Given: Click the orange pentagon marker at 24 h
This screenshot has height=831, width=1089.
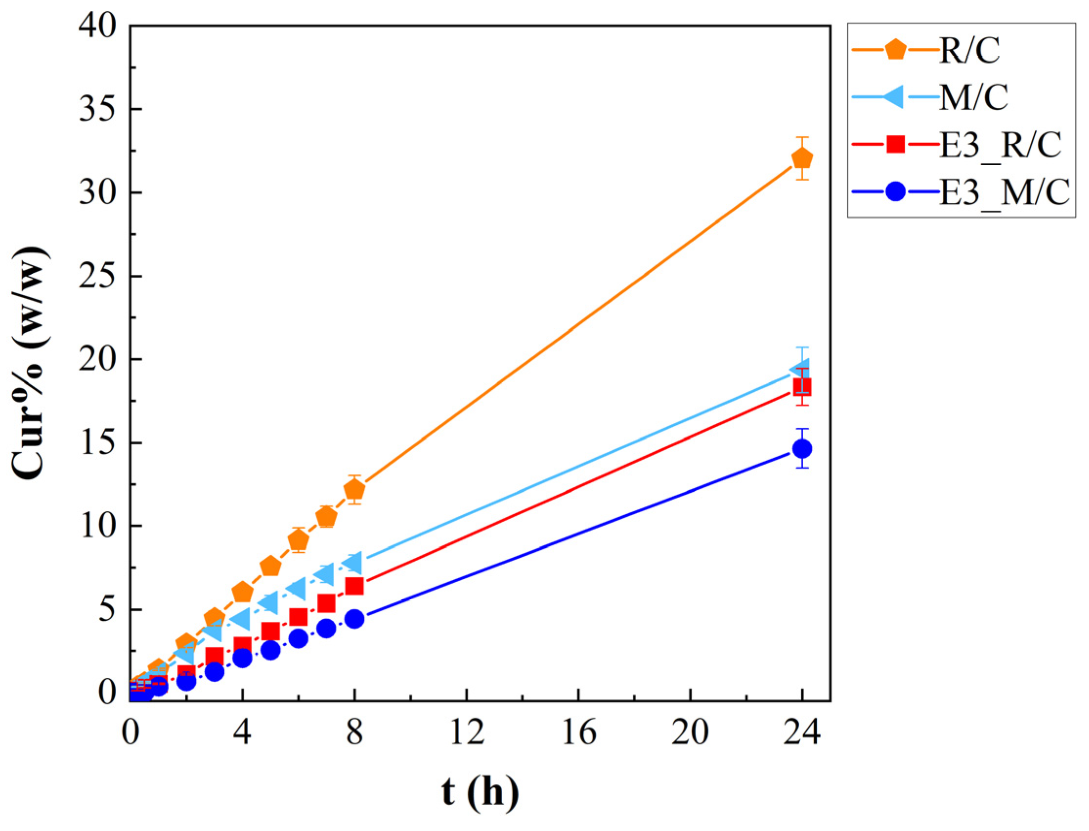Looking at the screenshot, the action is [x=802, y=159].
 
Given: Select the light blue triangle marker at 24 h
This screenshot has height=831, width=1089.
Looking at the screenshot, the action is [x=800, y=368].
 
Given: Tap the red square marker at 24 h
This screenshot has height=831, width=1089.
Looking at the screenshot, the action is [x=802, y=386].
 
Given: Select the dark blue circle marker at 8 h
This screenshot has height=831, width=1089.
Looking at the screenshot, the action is [x=355, y=619].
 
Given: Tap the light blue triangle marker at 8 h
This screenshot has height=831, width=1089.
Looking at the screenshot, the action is [x=353, y=562].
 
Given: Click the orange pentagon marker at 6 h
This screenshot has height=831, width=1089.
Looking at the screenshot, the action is [x=299, y=540].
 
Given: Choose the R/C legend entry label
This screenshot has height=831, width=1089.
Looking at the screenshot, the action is [x=969, y=50].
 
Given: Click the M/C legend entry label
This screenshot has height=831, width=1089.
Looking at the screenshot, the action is [x=973, y=97].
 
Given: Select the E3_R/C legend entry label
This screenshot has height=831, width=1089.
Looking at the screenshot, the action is [x=1000, y=145].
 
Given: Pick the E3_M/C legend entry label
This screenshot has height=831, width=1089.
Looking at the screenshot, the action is [x=1004, y=193].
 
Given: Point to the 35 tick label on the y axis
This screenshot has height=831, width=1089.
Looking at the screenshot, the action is [x=102, y=109].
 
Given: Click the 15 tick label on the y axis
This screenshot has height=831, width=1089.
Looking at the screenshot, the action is [x=102, y=443].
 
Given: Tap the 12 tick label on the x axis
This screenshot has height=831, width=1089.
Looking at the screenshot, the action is [x=467, y=731].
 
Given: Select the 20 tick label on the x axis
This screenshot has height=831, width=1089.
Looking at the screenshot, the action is [x=690, y=731].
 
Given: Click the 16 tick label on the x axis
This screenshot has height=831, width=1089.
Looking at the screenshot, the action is [x=579, y=731].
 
